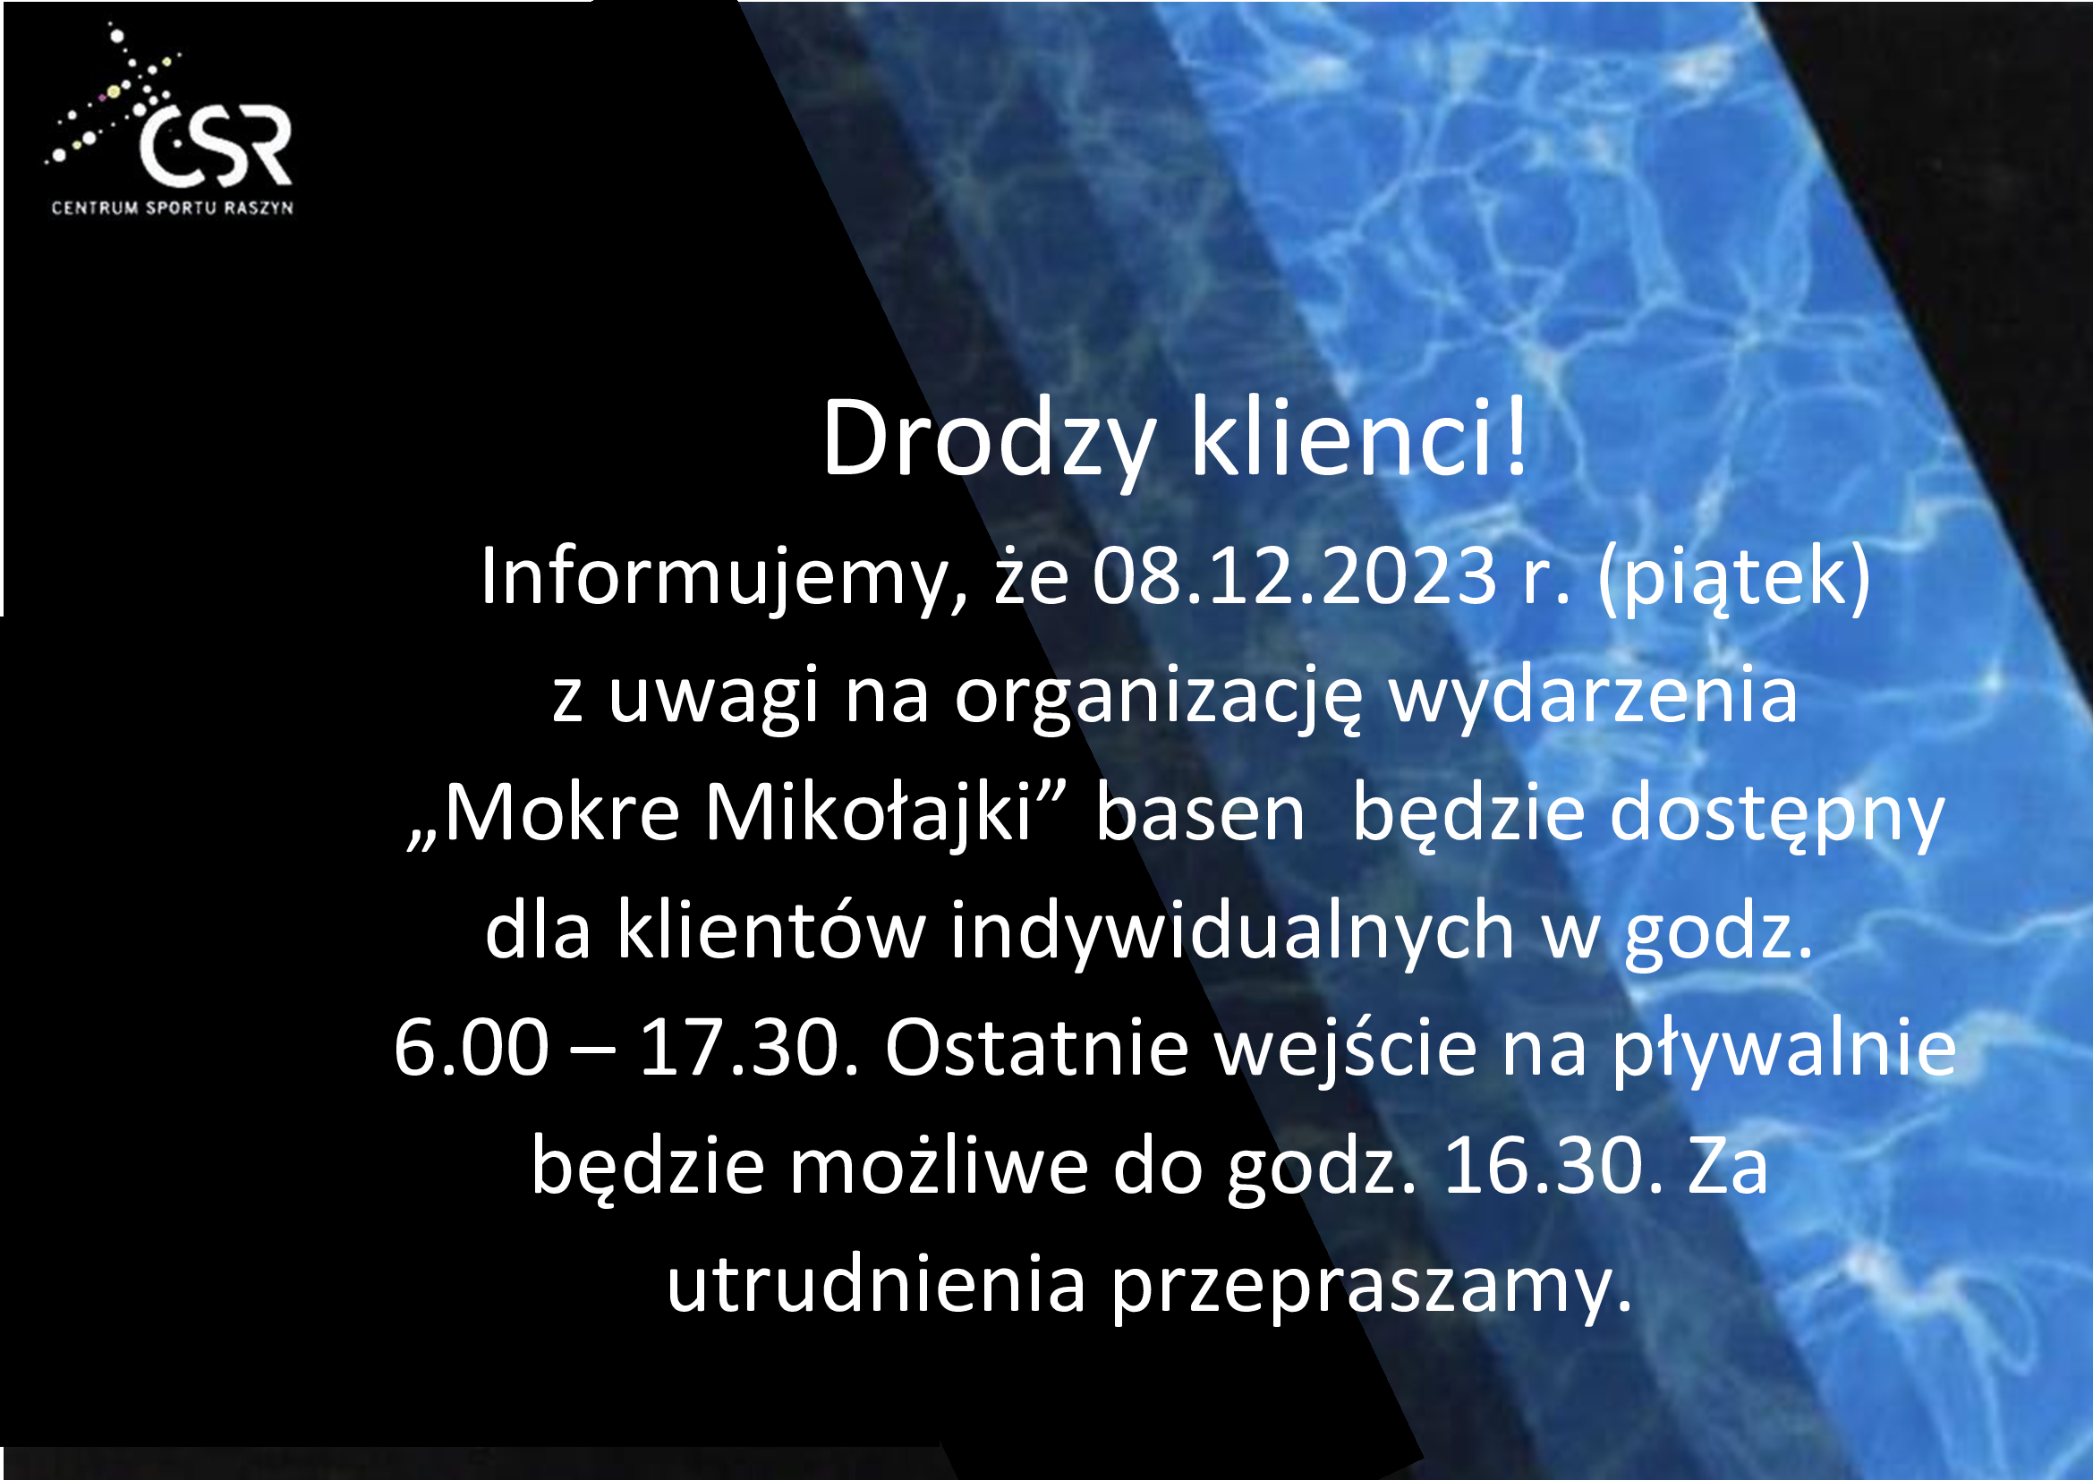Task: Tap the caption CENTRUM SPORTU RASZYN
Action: click(x=173, y=208)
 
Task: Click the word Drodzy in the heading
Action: click(x=990, y=441)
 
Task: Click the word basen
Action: click(x=1201, y=812)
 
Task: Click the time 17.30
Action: click(x=749, y=1048)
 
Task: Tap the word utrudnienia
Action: click(x=876, y=1283)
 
